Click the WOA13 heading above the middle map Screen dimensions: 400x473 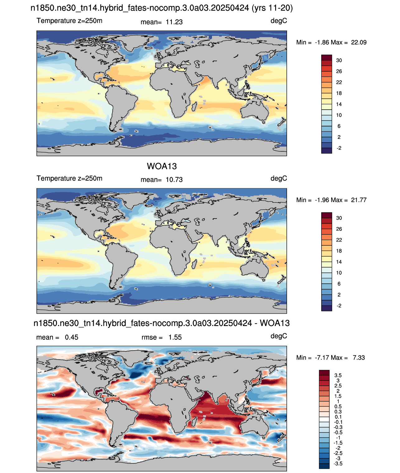coord(162,166)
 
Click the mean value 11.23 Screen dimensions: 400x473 coord(174,22)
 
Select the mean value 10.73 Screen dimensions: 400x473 coord(174,180)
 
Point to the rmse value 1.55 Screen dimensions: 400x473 coord(175,337)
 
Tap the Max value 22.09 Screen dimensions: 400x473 coord(359,42)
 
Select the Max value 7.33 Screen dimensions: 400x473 coord(359,357)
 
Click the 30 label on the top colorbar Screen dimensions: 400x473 coord(339,60)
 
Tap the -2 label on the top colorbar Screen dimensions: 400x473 coord(339,148)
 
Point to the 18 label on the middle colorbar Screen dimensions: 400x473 coord(339,251)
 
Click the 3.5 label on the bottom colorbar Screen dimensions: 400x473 coord(338,375)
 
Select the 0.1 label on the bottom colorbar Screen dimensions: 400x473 coord(338,417)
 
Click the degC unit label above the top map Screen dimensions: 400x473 coord(279,21)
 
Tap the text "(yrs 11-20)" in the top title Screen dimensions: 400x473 coord(272,8)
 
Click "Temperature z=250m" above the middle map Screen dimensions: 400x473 coord(69,178)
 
